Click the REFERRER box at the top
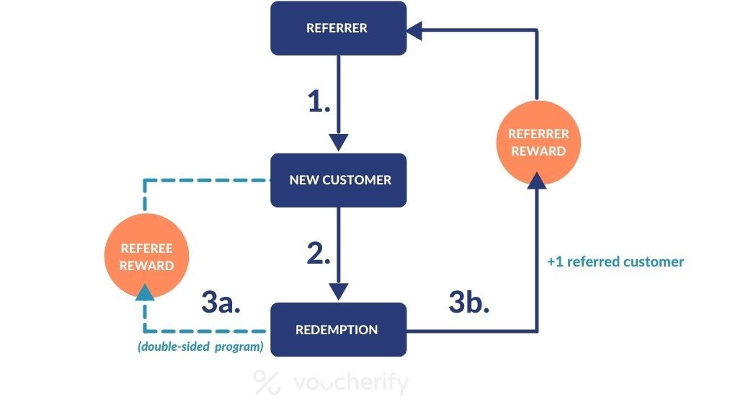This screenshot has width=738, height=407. coord(338,29)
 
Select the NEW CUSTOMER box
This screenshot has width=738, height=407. coord(338,180)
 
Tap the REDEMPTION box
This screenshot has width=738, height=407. coord(338,330)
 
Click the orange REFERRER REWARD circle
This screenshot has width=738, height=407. coord(538,142)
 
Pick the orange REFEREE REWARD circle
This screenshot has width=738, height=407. coord(146,256)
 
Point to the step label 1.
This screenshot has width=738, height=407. coord(319,102)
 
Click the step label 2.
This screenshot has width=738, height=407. coord(319,254)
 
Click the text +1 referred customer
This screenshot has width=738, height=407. coord(615,261)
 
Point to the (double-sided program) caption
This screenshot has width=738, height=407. coord(200,347)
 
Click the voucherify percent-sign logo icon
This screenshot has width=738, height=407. coord(268,383)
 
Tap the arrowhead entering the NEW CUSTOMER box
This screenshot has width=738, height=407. coord(338,142)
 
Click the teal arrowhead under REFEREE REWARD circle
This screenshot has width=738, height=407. coord(146,292)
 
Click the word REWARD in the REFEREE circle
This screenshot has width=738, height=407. coord(146,265)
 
